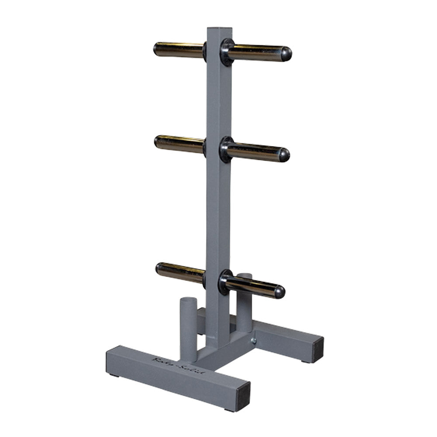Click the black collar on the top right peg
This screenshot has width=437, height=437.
coord(227,52)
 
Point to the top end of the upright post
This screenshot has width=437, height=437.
coord(219,31)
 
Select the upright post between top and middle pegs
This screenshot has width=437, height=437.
coord(218,101)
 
